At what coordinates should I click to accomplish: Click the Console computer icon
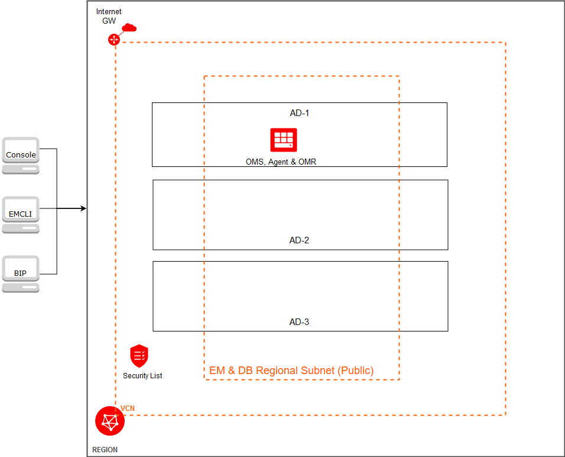click(x=21, y=156)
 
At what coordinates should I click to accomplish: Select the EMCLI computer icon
click(x=21, y=214)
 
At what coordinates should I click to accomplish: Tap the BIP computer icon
click(x=21, y=273)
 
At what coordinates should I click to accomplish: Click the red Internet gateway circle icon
click(x=113, y=40)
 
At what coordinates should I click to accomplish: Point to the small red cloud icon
click(x=129, y=28)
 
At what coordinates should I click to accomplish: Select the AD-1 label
click(x=300, y=112)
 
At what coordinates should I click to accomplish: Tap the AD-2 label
click(x=299, y=240)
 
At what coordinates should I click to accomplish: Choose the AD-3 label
click(x=299, y=322)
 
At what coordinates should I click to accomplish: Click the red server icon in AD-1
click(x=284, y=140)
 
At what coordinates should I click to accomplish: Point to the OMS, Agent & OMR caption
click(x=281, y=162)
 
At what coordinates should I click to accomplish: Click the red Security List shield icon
click(x=139, y=356)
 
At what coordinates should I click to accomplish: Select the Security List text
click(x=142, y=376)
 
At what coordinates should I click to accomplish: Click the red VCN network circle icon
click(x=109, y=421)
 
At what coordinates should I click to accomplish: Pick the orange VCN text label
click(x=128, y=408)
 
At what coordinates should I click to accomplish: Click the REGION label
click(x=105, y=450)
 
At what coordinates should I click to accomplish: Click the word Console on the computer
click(x=21, y=155)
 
